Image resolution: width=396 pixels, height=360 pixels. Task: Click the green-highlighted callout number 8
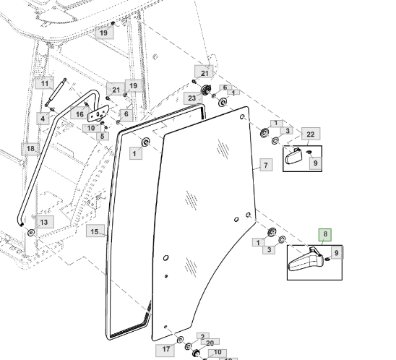tap(325, 235)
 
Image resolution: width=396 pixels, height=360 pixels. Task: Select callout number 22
tap(311, 134)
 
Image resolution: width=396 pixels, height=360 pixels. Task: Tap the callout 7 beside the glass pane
tap(266, 165)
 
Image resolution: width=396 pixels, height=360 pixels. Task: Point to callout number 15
tap(95, 231)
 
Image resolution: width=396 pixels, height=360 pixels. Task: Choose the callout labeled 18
tap(30, 149)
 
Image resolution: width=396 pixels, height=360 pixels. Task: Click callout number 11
tap(45, 83)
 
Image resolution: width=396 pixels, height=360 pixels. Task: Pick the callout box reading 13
tap(44, 222)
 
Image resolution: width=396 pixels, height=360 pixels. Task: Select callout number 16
tap(79, 113)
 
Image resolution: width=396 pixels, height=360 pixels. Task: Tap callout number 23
tap(192, 98)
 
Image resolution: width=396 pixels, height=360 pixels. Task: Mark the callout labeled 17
tap(165, 349)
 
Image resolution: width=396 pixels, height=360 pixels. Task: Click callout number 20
tap(210, 343)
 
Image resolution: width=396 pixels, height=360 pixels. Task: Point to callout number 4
tap(43, 119)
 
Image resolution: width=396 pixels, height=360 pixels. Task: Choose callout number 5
tap(103, 136)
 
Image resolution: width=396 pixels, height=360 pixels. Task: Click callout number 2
tap(203, 336)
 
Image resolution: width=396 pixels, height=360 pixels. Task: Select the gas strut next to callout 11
tap(56, 93)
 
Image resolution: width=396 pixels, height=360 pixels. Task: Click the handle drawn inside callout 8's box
tap(306, 260)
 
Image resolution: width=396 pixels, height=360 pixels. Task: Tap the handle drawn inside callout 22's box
tap(293, 156)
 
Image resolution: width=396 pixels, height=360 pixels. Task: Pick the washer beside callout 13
tap(31, 232)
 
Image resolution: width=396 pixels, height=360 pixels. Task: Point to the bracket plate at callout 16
tap(98, 113)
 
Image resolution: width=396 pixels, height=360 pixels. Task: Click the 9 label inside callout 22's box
tap(316, 163)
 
